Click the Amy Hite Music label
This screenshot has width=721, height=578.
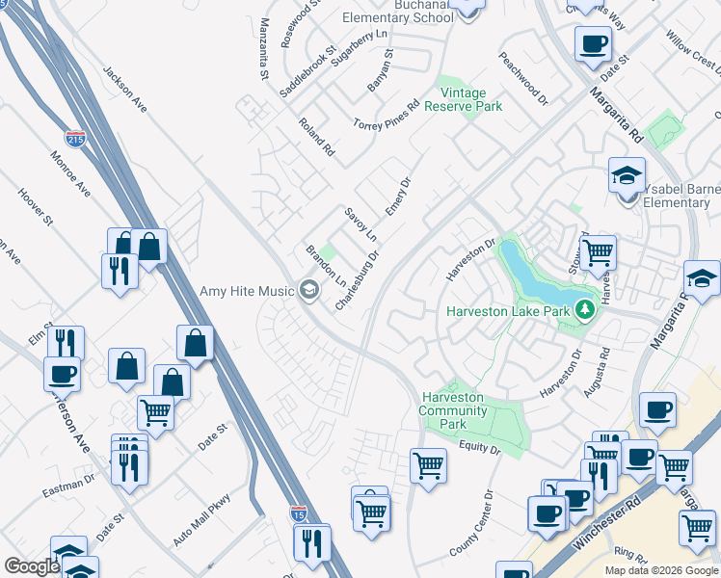point(247,291)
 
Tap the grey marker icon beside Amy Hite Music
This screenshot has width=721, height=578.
point(309,289)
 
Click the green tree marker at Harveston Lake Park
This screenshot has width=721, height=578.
point(583,310)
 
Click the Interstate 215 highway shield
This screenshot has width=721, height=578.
point(75,140)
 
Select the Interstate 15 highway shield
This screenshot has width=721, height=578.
point(299,516)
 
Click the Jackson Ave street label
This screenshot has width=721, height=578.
point(124,90)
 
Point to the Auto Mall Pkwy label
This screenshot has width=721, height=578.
point(202,521)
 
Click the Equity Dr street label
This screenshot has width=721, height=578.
point(480,448)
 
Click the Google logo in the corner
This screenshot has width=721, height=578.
point(32,566)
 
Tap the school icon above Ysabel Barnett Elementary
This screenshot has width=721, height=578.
point(627,177)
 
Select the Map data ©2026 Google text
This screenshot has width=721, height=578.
point(661,570)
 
